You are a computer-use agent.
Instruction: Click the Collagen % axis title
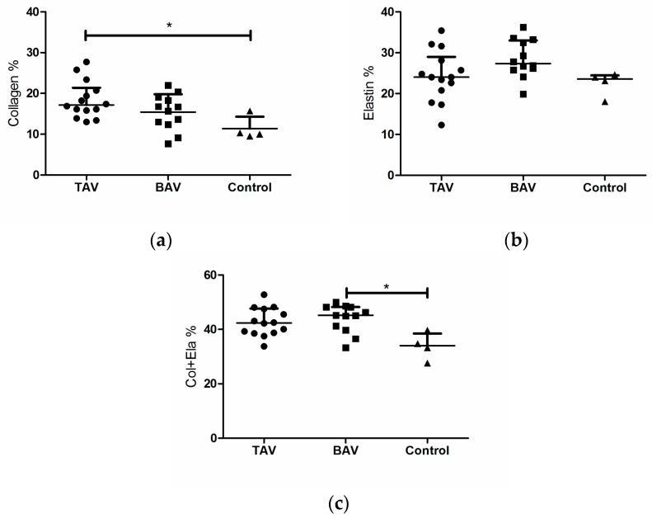pos(14,92)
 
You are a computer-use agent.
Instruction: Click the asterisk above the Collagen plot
pos(168,26)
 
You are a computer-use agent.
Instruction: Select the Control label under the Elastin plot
pos(604,187)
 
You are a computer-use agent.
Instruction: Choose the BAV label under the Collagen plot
pos(168,187)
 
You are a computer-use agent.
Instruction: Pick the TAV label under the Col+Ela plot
pos(265,450)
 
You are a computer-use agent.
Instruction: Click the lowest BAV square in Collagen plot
pos(168,144)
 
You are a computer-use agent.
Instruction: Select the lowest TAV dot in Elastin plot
pos(442,125)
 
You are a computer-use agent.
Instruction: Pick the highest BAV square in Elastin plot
pos(523,27)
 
